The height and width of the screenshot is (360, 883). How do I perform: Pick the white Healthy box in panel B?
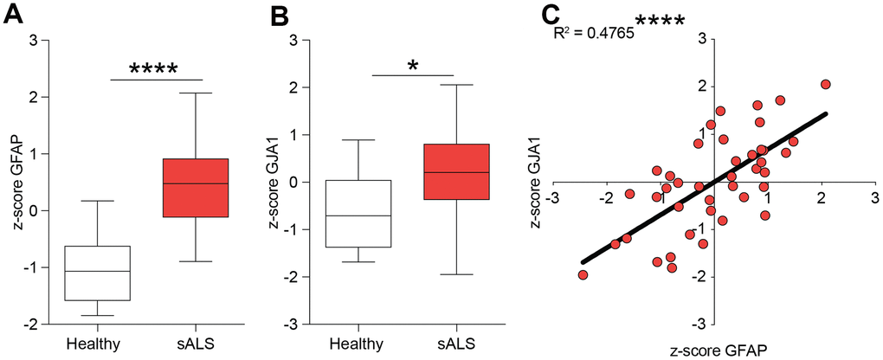click(x=358, y=214)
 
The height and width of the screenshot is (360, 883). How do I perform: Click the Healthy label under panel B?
click(x=358, y=343)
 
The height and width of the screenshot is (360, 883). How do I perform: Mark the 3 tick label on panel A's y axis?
click(x=34, y=41)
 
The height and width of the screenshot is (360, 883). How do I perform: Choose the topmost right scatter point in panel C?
click(x=825, y=85)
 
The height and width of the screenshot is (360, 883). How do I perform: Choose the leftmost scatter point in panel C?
click(x=583, y=275)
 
